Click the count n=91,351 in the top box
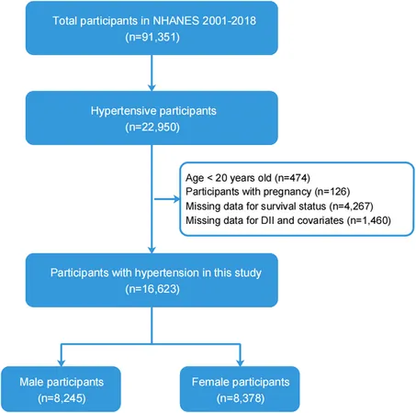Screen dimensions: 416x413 (x=152, y=37)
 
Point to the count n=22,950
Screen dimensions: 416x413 (x=152, y=127)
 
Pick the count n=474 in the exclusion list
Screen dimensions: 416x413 (x=292, y=178)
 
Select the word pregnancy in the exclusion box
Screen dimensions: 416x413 (x=287, y=192)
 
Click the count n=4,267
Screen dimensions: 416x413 (x=351, y=206)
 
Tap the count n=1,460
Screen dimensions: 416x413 (x=369, y=220)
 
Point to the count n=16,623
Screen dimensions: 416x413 (x=152, y=289)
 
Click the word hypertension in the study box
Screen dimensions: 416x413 (x=167, y=273)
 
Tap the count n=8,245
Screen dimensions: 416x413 (x=62, y=398)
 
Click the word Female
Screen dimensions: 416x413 (x=209, y=382)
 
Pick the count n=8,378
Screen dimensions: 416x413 (x=241, y=398)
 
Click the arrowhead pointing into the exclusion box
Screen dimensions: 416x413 (x=177, y=199)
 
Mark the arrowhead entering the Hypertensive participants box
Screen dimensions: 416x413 (x=152, y=87)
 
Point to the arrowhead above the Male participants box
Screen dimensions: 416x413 (x=62, y=363)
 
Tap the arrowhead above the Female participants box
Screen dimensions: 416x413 (x=241, y=363)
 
